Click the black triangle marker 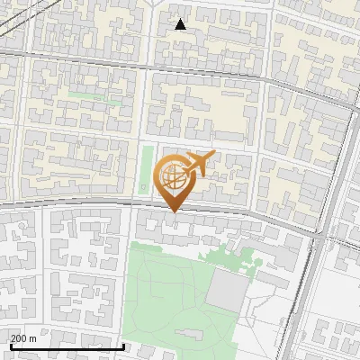[x=180, y=24]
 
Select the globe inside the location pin [x=172, y=175]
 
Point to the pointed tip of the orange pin [x=172, y=211]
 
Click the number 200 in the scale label [x=19, y=338]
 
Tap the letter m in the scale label [x=32, y=338]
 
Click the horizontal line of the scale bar [x=67, y=346]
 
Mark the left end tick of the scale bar [x=10, y=344]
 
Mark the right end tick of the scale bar [x=123, y=344]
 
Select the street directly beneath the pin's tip [x=172, y=215]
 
